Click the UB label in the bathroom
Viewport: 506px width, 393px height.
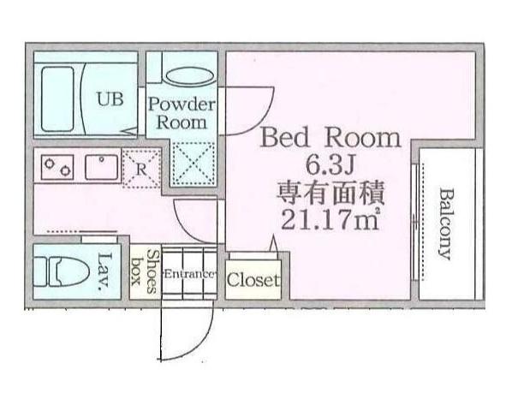110,99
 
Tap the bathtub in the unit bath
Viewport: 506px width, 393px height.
58,99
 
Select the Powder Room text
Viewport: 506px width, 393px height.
182,114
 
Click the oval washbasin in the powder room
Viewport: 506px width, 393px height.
189,76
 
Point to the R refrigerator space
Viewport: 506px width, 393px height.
141,169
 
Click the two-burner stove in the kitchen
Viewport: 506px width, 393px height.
57,167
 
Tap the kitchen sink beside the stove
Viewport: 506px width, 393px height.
101,167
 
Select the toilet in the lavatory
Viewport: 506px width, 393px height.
62,271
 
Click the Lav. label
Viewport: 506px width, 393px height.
104,271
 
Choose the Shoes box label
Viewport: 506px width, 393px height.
146,271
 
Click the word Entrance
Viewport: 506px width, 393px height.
189,275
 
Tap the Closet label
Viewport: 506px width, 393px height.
253,279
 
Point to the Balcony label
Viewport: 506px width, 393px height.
446,223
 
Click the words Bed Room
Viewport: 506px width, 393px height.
330,138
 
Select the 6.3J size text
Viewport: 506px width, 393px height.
330,166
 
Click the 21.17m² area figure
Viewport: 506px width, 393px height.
330,219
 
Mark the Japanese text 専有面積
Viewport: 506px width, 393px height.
330,193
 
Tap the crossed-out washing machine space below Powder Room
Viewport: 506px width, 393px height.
193,164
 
